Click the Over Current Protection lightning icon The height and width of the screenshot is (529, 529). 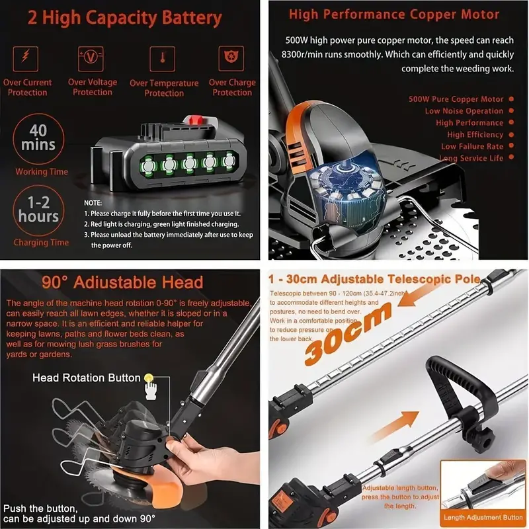27,57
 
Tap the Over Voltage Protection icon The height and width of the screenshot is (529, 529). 92,57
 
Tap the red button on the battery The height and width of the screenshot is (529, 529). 194,120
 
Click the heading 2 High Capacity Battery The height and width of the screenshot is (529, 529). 125,17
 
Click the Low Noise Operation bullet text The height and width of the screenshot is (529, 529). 464,111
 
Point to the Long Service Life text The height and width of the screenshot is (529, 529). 471,158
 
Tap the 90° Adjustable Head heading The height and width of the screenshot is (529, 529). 122,283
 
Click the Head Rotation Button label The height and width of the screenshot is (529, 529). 87,378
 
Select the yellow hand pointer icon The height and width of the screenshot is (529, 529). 151,380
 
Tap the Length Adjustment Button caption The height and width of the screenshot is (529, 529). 483,517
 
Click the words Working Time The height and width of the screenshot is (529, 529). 42,172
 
